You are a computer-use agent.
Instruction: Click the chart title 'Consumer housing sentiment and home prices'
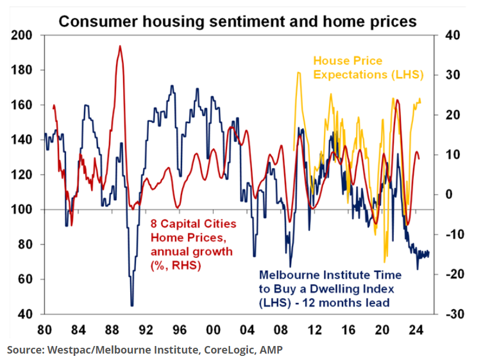point(237,22)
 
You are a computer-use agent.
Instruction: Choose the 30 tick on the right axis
point(452,75)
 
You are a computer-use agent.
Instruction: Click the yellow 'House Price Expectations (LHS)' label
point(368,68)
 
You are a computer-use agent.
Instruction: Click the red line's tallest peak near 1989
point(120,46)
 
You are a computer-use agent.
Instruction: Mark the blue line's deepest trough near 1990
point(132,305)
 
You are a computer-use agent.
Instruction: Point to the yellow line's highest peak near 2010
point(298,73)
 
